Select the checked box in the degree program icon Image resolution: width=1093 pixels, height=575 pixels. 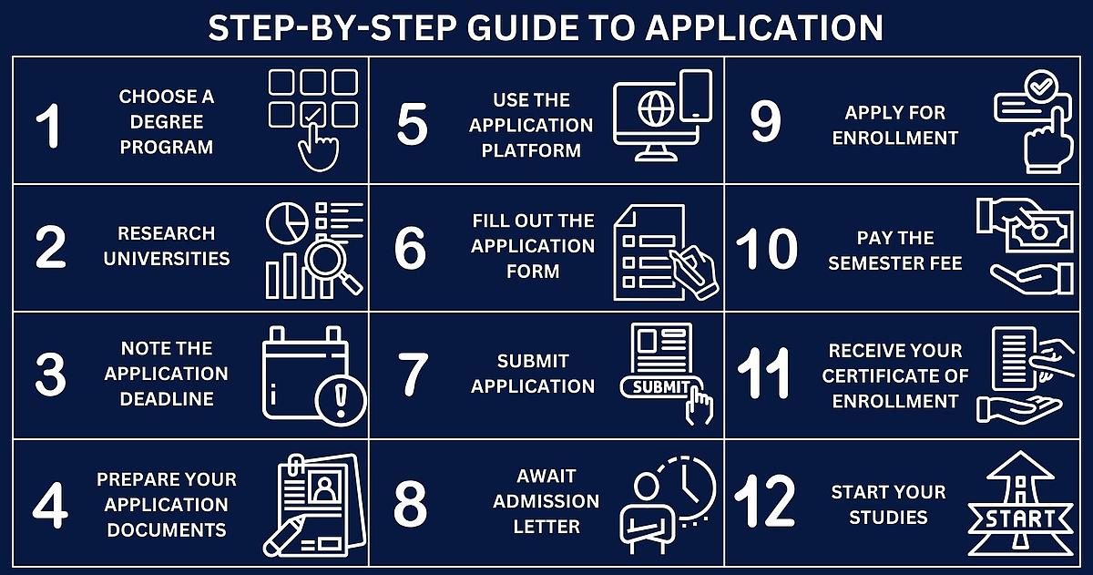tap(312, 114)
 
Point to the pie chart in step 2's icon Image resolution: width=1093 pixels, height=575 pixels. tap(287, 224)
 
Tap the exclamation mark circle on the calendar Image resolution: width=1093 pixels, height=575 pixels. tap(341, 401)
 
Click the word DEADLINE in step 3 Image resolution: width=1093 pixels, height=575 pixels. tap(167, 399)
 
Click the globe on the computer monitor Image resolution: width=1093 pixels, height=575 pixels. tap(656, 108)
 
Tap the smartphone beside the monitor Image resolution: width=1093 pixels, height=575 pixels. tap(696, 96)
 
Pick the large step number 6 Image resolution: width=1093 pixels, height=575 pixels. tap(410, 248)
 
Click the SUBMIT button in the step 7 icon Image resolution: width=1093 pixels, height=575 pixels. tap(661, 387)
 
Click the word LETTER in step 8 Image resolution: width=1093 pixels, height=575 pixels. tap(546, 527)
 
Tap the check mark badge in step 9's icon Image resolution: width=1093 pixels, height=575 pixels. tap(1040, 87)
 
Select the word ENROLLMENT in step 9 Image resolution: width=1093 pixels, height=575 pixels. tap(894, 139)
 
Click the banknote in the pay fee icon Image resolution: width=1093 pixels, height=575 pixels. tap(1040, 231)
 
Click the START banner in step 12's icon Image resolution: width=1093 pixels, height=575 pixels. tap(1020, 519)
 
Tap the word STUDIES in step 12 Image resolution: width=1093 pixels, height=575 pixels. tap(888, 518)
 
